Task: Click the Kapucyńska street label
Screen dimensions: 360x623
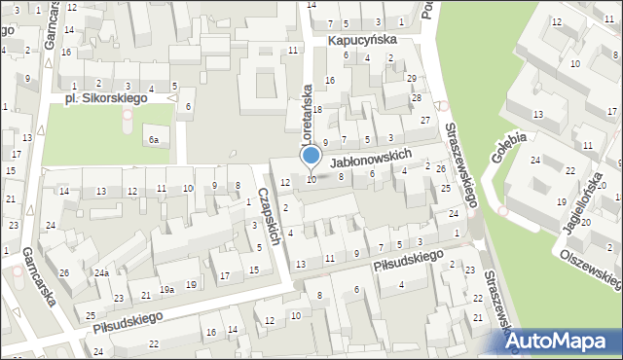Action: pyautogui.click(x=361, y=41)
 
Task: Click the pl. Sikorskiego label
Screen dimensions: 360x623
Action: pyautogui.click(x=104, y=98)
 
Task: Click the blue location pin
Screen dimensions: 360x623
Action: pyautogui.click(x=311, y=156)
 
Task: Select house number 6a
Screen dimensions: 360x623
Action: pyautogui.click(x=153, y=140)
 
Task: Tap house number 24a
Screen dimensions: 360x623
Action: pyautogui.click(x=100, y=273)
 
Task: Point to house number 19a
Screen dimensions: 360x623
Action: pyautogui.click(x=167, y=290)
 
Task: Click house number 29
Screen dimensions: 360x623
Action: pyautogui.click(x=412, y=78)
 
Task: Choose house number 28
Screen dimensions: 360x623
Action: pyautogui.click(x=416, y=98)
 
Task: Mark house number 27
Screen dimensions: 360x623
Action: pyautogui.click(x=424, y=120)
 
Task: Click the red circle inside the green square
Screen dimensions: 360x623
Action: pyautogui.click(x=128, y=121)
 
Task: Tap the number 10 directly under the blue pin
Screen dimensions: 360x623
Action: pyautogui.click(x=311, y=179)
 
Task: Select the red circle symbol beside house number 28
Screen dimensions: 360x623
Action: pyautogui.click(x=442, y=106)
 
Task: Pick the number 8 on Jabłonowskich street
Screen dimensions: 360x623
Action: pyautogui.click(x=340, y=176)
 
